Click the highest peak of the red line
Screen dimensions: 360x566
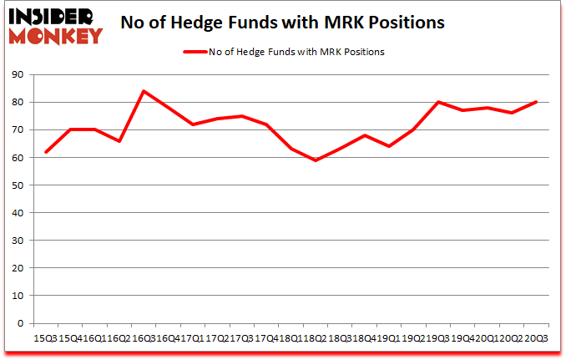pos(144,91)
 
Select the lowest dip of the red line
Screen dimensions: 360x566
pos(316,160)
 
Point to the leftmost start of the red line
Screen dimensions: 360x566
pos(47,152)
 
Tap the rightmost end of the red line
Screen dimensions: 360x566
pos(535,102)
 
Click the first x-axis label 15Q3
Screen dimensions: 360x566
pos(45,339)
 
